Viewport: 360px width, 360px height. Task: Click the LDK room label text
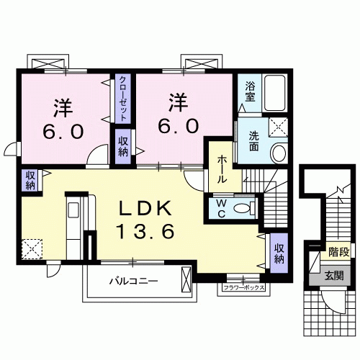click(x=145, y=209)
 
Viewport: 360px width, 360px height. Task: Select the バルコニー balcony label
click(x=133, y=281)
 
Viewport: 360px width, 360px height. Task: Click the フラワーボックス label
click(x=243, y=289)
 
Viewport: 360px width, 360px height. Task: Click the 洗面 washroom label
click(x=254, y=140)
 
